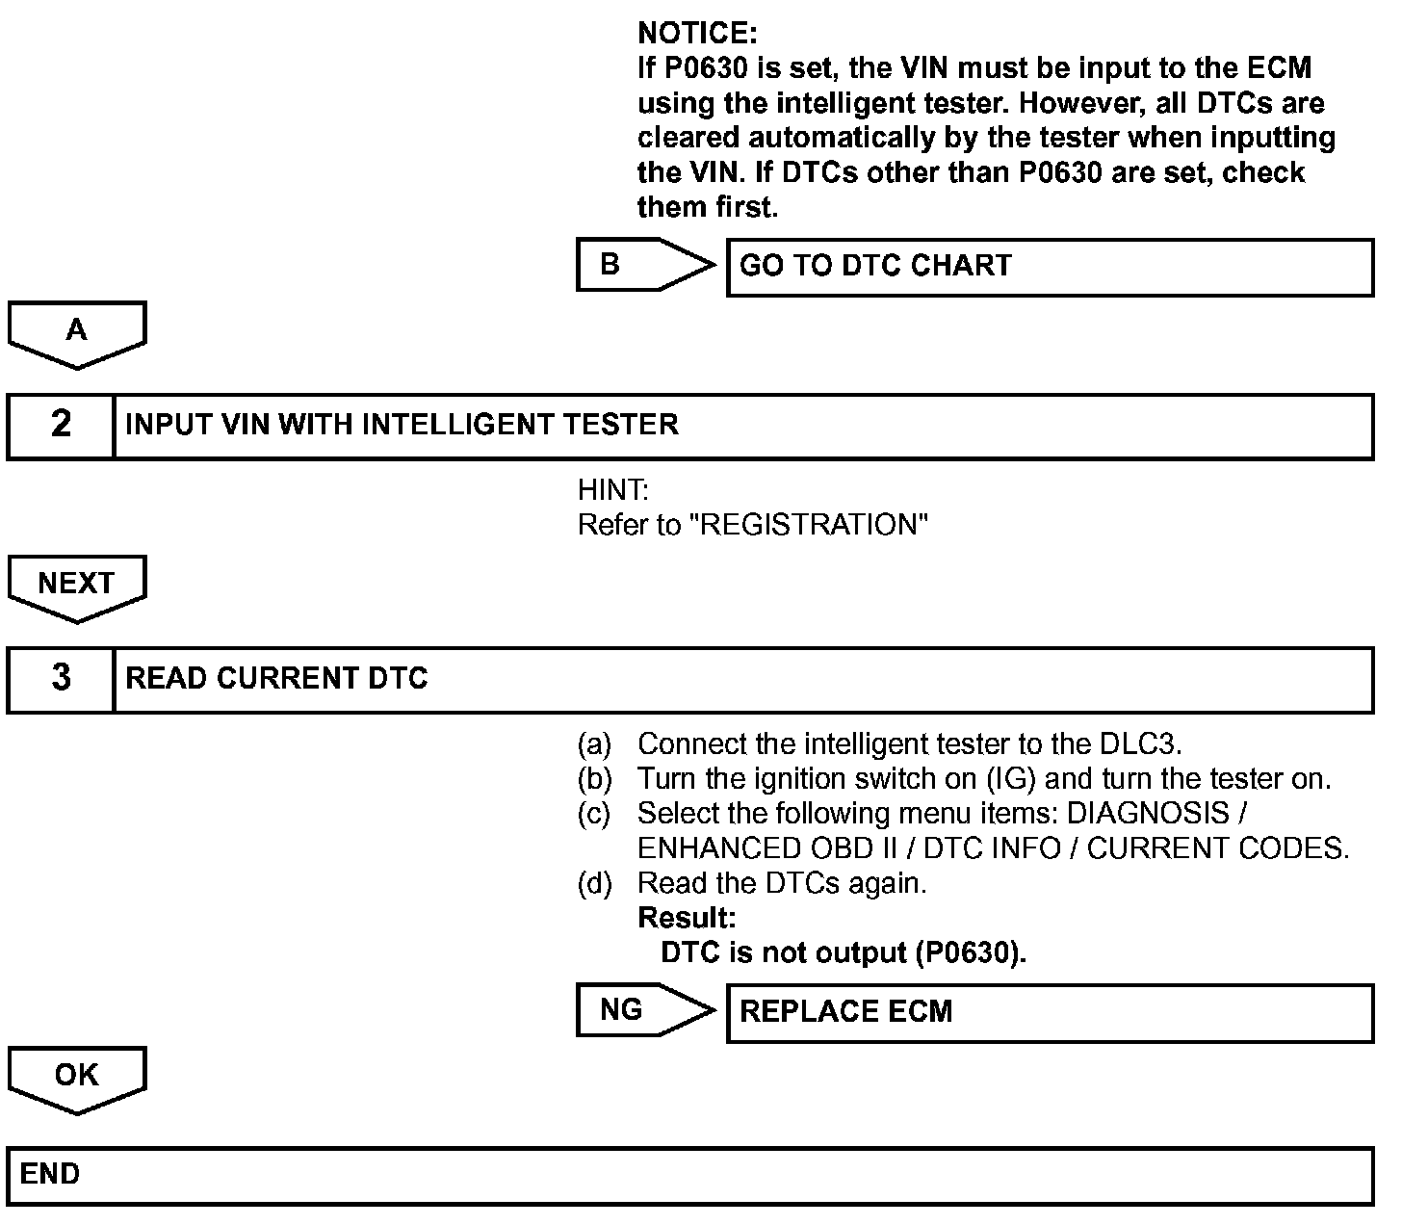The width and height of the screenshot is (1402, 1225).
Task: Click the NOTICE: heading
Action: click(697, 34)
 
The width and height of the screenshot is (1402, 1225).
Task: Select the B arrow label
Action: click(610, 264)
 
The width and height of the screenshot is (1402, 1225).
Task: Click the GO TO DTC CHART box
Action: click(1049, 267)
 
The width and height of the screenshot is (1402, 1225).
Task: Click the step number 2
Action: click(61, 425)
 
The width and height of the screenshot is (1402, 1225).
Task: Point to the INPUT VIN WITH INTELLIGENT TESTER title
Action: click(402, 425)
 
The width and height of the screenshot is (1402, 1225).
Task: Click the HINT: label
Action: click(612, 490)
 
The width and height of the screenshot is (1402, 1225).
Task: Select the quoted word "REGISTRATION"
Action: click(811, 525)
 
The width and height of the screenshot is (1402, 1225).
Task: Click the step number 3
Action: click(61, 679)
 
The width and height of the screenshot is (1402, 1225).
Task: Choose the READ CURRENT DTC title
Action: click(276, 679)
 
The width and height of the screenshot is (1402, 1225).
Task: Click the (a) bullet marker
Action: click(594, 744)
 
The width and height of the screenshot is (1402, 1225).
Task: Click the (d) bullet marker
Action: click(594, 883)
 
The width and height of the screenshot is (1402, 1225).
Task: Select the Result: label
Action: click(687, 917)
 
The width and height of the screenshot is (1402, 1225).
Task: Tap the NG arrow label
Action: click(621, 1009)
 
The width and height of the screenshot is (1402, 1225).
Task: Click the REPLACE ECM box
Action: click(1049, 1012)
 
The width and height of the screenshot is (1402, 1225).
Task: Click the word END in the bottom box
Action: click(50, 1174)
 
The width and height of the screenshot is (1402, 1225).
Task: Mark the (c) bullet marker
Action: click(594, 814)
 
